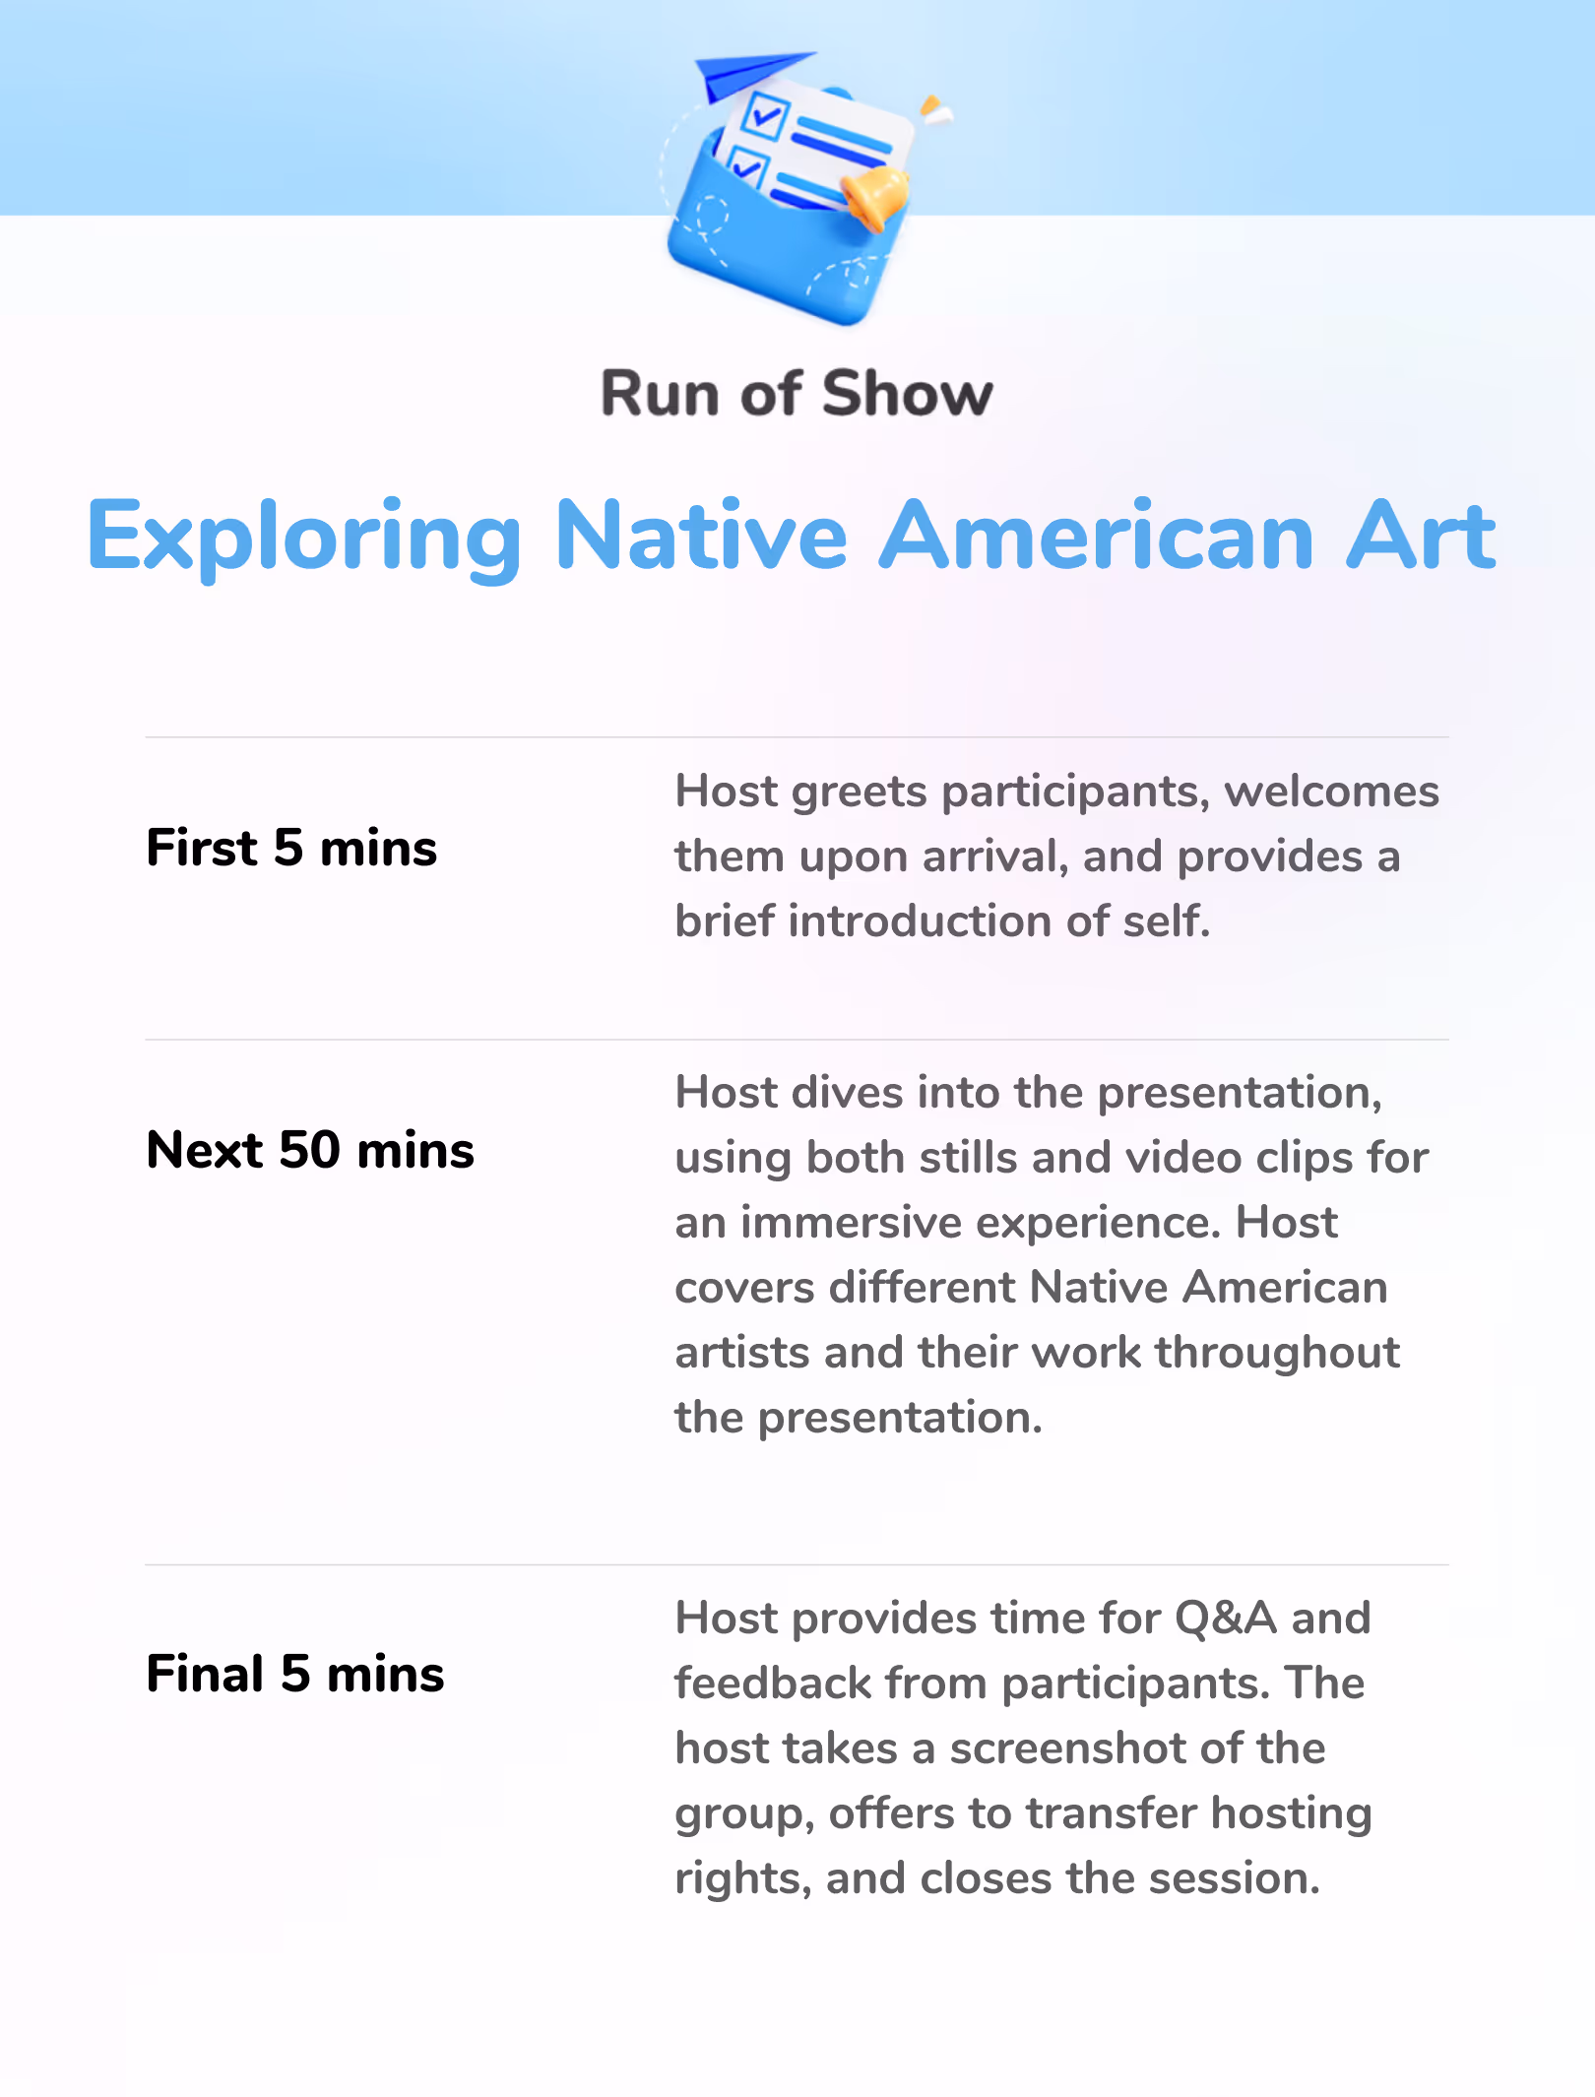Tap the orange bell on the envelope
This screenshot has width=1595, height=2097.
tap(875, 197)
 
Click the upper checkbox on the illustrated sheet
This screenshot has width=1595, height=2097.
tap(765, 115)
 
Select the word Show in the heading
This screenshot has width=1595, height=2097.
tap(908, 394)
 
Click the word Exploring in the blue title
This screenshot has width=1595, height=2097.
tap(304, 538)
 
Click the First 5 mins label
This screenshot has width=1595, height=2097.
tap(291, 848)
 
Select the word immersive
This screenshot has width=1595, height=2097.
tap(852, 1222)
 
